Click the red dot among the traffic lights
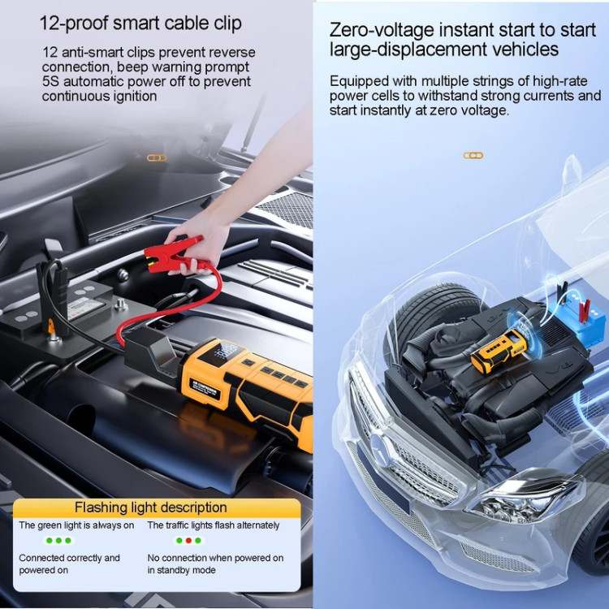click(188, 540)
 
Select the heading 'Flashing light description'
click(151, 508)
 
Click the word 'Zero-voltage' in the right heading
click(381, 30)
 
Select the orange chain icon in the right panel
click(473, 156)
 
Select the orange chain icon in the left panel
click(157, 158)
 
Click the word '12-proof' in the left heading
click(74, 24)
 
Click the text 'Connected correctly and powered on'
click(69, 564)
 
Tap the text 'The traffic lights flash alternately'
click(214, 525)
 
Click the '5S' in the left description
click(51, 81)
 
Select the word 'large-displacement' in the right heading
click(407, 50)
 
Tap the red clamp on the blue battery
click(584, 310)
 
